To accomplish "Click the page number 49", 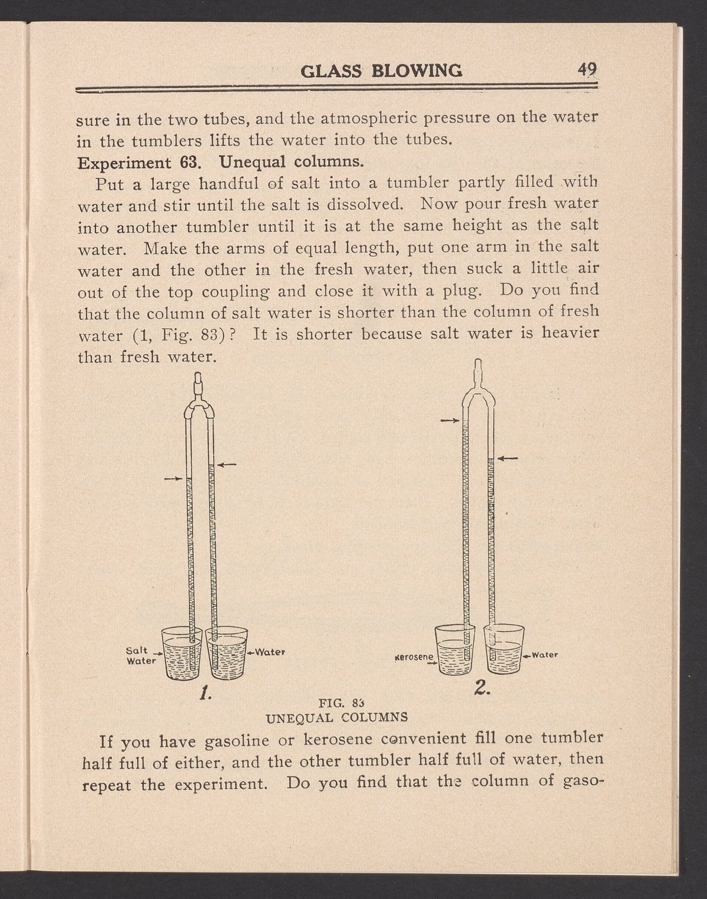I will [x=587, y=71].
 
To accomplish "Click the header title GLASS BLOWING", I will [x=382, y=71].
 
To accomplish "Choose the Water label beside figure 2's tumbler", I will [x=544, y=654].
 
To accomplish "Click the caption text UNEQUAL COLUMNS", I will [x=338, y=718].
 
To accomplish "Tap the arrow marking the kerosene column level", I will [x=449, y=421].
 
